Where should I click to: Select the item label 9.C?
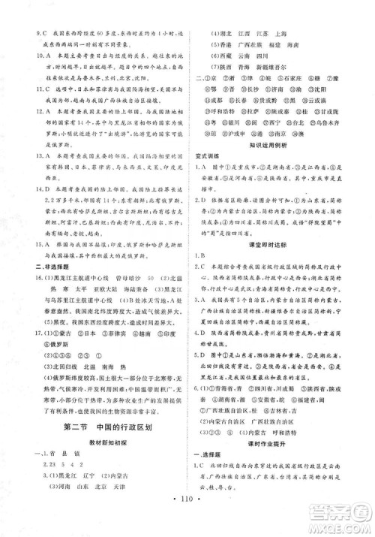click(29, 12)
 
